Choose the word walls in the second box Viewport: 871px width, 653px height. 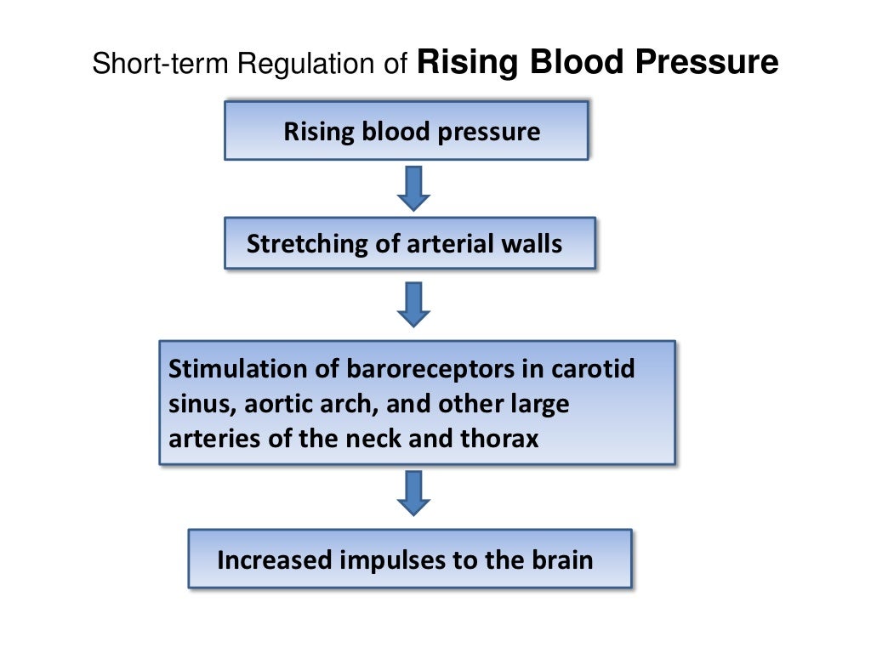(532, 245)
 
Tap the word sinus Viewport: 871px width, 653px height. (195, 404)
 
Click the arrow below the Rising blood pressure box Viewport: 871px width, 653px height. (414, 188)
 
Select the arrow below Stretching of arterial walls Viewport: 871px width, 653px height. (414, 304)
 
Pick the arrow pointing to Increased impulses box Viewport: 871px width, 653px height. (414, 493)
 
